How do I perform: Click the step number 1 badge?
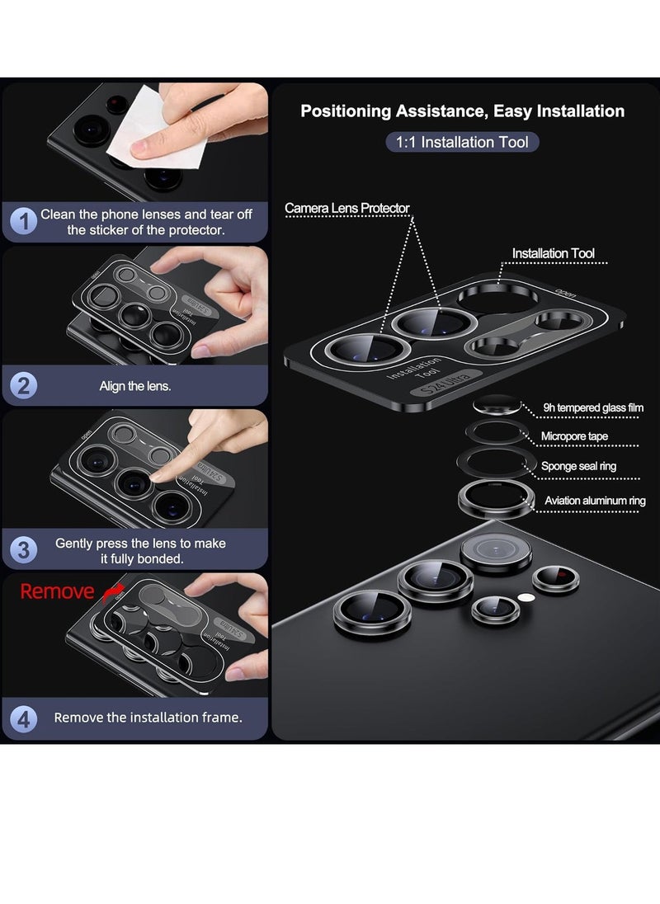click(24, 221)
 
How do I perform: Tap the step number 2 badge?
click(24, 385)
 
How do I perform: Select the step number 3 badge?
click(24, 550)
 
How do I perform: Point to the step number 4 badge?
click(24, 718)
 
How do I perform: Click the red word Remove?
click(57, 591)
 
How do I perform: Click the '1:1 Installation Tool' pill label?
click(462, 142)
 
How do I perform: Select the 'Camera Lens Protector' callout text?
click(347, 208)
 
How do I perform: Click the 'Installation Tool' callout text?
click(553, 253)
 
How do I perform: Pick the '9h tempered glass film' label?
click(593, 407)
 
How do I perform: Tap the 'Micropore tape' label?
click(574, 436)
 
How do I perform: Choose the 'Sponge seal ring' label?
click(578, 466)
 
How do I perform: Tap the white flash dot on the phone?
click(521, 596)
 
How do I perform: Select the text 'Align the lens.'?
click(135, 385)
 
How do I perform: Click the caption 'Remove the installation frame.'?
click(148, 718)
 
